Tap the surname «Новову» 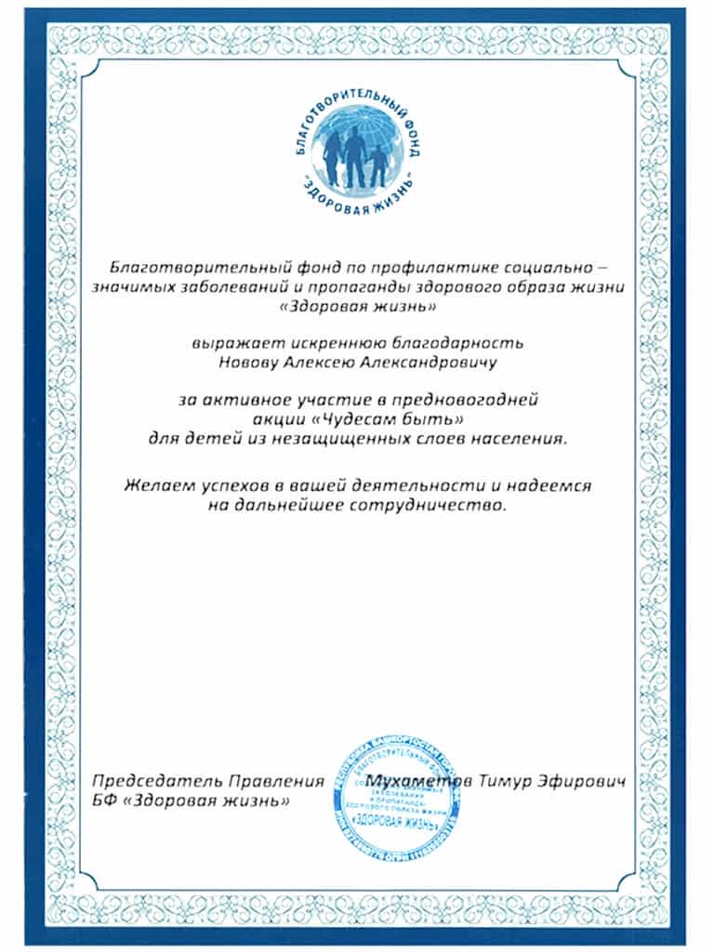pyautogui.click(x=245, y=363)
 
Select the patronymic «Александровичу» pyautogui.click(x=411, y=363)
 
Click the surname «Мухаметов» pyautogui.click(x=420, y=779)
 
